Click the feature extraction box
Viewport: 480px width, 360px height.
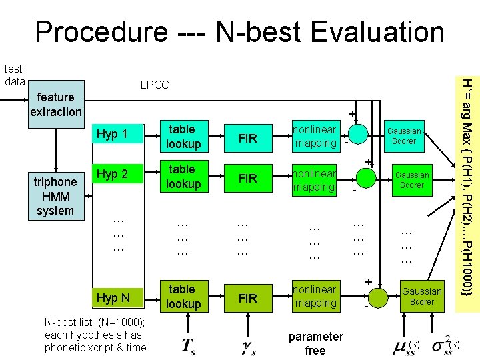56,104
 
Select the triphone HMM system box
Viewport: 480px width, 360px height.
56,196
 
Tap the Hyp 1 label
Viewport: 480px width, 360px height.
111,135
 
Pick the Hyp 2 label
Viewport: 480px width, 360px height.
111,175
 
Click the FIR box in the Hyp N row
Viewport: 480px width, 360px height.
247,298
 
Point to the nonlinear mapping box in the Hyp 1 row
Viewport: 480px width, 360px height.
316,135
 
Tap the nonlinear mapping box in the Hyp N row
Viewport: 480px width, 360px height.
316,297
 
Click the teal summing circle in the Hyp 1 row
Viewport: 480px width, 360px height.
359,134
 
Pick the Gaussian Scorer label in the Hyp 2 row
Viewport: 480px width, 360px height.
411,180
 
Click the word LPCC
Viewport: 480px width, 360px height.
154,85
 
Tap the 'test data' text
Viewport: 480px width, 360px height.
13,75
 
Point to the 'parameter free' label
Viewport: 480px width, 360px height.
315,343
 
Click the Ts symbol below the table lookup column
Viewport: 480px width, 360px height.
188,345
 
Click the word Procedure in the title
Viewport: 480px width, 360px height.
101,31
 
